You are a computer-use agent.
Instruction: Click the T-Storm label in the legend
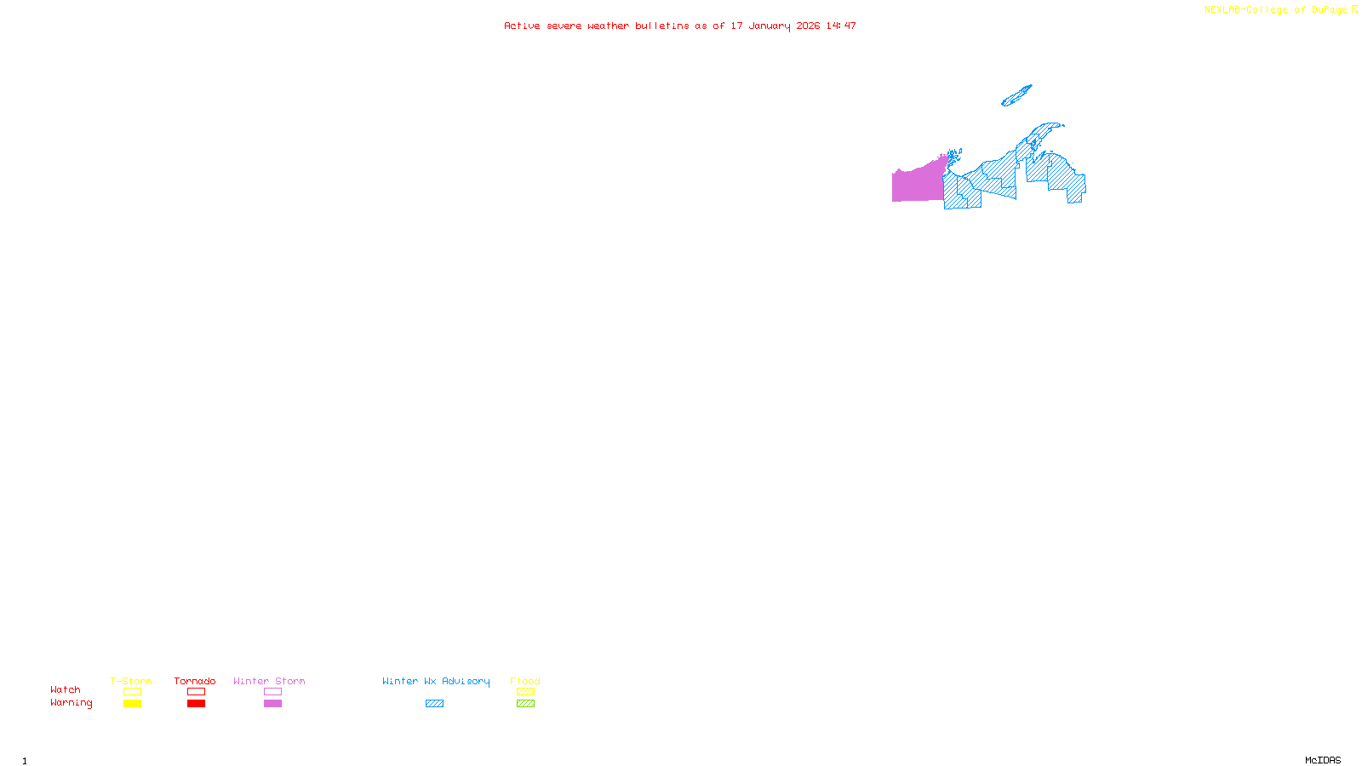point(131,681)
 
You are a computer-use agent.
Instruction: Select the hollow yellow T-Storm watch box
point(132,692)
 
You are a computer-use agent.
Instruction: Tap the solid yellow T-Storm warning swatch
point(132,704)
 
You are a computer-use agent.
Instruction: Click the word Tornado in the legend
point(195,681)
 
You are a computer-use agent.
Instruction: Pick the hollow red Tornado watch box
point(196,692)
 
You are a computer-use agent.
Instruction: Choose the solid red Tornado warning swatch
point(196,704)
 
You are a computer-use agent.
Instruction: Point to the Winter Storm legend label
point(269,681)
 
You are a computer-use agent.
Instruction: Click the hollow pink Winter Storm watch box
point(272,692)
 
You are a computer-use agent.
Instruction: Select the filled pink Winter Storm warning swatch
point(272,704)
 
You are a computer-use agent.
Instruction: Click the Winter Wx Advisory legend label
point(436,681)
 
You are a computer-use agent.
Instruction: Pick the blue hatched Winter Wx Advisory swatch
point(434,704)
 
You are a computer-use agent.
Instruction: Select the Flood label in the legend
point(525,681)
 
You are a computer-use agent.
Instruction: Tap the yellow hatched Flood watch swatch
point(525,692)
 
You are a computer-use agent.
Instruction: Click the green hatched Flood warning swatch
point(525,704)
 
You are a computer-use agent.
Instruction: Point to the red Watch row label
point(66,690)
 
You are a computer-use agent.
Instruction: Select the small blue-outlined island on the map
point(1016,95)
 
